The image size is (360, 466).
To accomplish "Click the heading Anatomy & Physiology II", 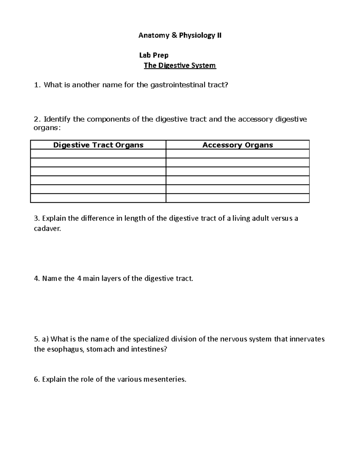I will click(x=180, y=36).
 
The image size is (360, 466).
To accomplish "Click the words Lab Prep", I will click(x=154, y=55).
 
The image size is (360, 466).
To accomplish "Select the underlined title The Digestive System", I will click(x=180, y=65).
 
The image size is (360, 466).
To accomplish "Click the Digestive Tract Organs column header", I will click(x=98, y=145).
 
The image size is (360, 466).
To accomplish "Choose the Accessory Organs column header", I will click(x=238, y=145).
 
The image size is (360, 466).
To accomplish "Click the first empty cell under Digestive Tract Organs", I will click(x=98, y=154).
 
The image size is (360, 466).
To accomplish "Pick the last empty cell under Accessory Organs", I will click(x=238, y=198).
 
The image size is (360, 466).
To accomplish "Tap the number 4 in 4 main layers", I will click(x=79, y=278).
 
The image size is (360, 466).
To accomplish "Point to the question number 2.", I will click(x=37, y=119).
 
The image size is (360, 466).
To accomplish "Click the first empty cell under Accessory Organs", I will click(x=238, y=154).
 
